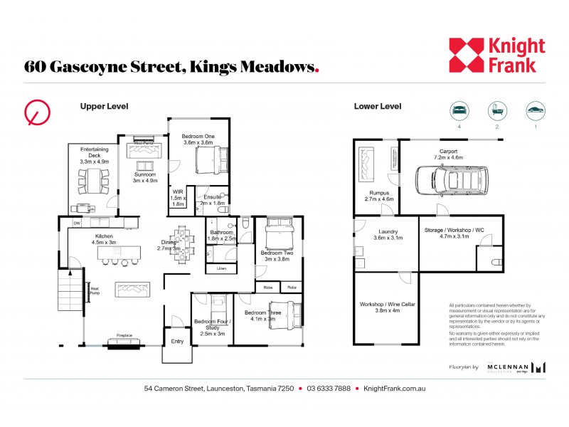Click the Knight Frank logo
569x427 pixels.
[x=496, y=56]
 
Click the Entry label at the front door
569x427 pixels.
[x=176, y=341]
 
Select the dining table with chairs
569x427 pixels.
[x=184, y=243]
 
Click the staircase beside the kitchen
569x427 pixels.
[x=70, y=294]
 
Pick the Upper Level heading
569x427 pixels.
[x=104, y=107]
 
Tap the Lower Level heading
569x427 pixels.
[x=378, y=107]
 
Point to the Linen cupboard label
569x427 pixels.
[x=221, y=268]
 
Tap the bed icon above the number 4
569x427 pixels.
[x=458, y=110]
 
